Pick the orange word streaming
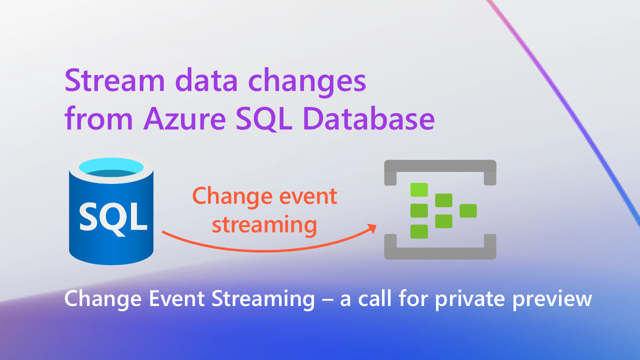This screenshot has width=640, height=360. coord(264,224)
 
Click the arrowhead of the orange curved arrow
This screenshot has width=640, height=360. coord(371,228)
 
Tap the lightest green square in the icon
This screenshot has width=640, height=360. coord(419,190)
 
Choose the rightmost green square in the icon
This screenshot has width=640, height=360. coord(468,211)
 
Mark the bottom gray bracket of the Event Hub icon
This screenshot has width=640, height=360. coord(439,253)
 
